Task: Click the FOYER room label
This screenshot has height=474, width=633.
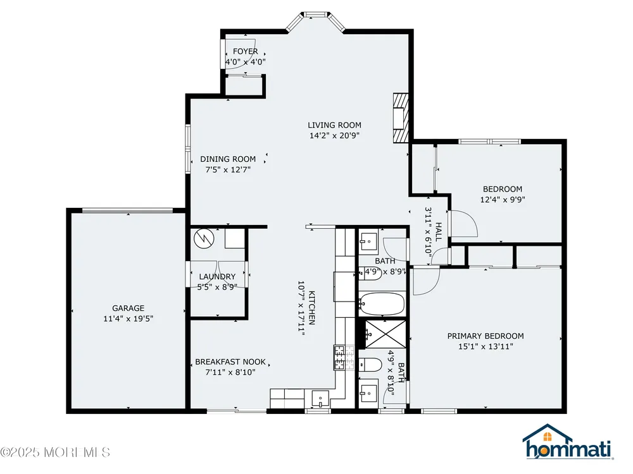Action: (x=246, y=52)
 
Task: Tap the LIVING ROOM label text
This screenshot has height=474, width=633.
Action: (x=334, y=125)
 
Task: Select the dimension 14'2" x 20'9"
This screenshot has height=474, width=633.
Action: (x=334, y=136)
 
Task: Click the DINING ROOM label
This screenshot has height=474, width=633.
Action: (x=228, y=159)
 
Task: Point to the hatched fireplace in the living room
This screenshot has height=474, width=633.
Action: (x=401, y=118)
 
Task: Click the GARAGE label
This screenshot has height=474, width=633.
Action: (x=128, y=308)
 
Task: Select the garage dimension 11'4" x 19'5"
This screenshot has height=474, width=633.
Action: (x=128, y=319)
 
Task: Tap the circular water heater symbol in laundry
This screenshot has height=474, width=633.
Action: (x=203, y=239)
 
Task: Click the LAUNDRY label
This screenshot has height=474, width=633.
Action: (x=217, y=277)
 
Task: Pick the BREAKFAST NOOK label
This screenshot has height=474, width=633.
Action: (x=230, y=362)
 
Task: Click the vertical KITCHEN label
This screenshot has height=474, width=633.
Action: (x=312, y=308)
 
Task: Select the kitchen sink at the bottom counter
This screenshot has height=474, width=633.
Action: (x=320, y=399)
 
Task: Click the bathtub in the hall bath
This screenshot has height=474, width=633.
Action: (x=382, y=303)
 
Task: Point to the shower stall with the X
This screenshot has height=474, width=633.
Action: (x=385, y=334)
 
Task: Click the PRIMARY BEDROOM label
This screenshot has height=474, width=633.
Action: (x=486, y=336)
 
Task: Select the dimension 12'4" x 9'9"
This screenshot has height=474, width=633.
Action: (x=503, y=200)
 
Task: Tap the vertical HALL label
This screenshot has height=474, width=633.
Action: (x=439, y=232)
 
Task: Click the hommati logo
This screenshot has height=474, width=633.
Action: (x=568, y=442)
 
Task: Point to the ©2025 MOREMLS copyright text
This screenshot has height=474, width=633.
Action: (x=55, y=453)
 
